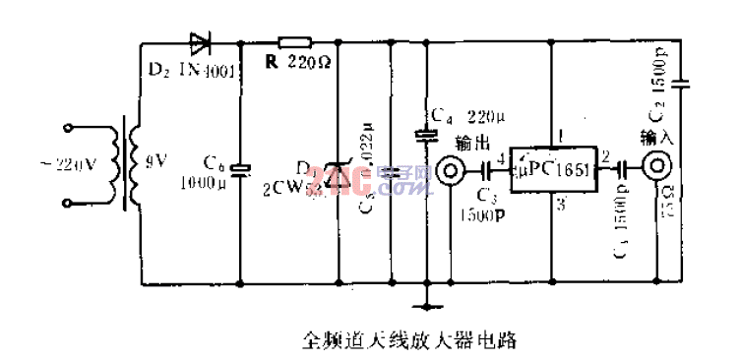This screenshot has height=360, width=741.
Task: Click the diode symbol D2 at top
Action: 199,42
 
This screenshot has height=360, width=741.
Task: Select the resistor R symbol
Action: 295,42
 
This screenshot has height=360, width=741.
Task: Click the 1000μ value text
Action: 201,184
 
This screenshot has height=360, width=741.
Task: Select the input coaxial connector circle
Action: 656,167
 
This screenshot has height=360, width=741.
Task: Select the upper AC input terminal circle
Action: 68,128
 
